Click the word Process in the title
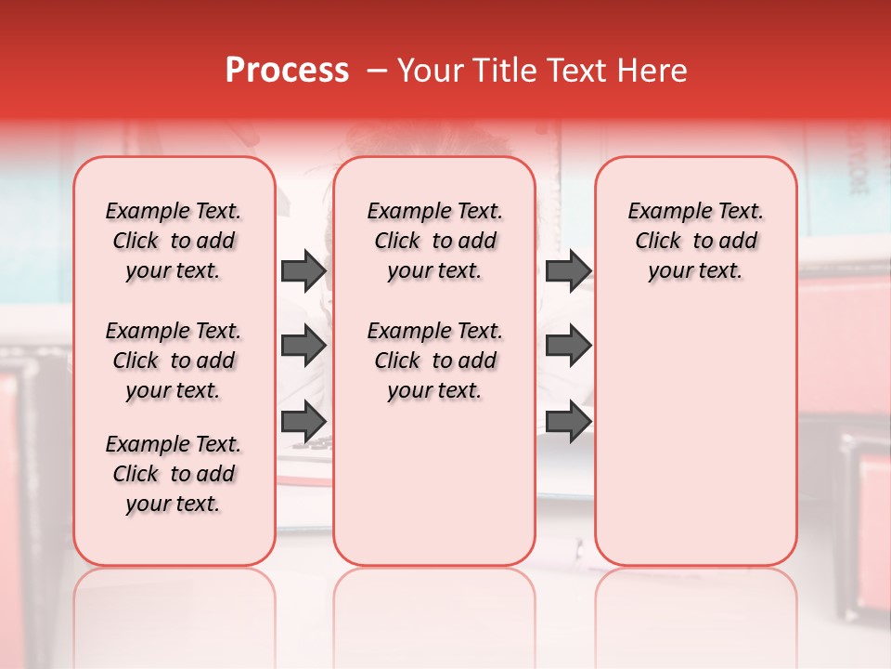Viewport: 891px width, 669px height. point(287,71)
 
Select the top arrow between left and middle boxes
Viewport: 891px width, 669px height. point(303,270)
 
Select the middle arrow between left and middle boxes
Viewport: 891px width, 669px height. point(303,346)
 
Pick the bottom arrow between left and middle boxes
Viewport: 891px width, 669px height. point(303,421)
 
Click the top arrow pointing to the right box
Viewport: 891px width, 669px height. point(568,270)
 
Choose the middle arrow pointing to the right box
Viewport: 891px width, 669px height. point(568,346)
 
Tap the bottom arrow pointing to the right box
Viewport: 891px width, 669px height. point(568,421)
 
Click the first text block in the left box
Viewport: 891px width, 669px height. point(174,241)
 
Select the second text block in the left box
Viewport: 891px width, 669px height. point(174,361)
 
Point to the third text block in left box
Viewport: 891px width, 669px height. point(174,474)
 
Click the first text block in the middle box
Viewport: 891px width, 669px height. point(434,241)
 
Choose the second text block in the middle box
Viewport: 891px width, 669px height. point(434,361)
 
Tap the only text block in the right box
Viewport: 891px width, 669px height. point(695,241)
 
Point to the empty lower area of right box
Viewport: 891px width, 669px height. point(695,437)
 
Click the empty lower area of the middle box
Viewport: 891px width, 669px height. point(434,483)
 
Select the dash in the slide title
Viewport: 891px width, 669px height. point(377,71)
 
